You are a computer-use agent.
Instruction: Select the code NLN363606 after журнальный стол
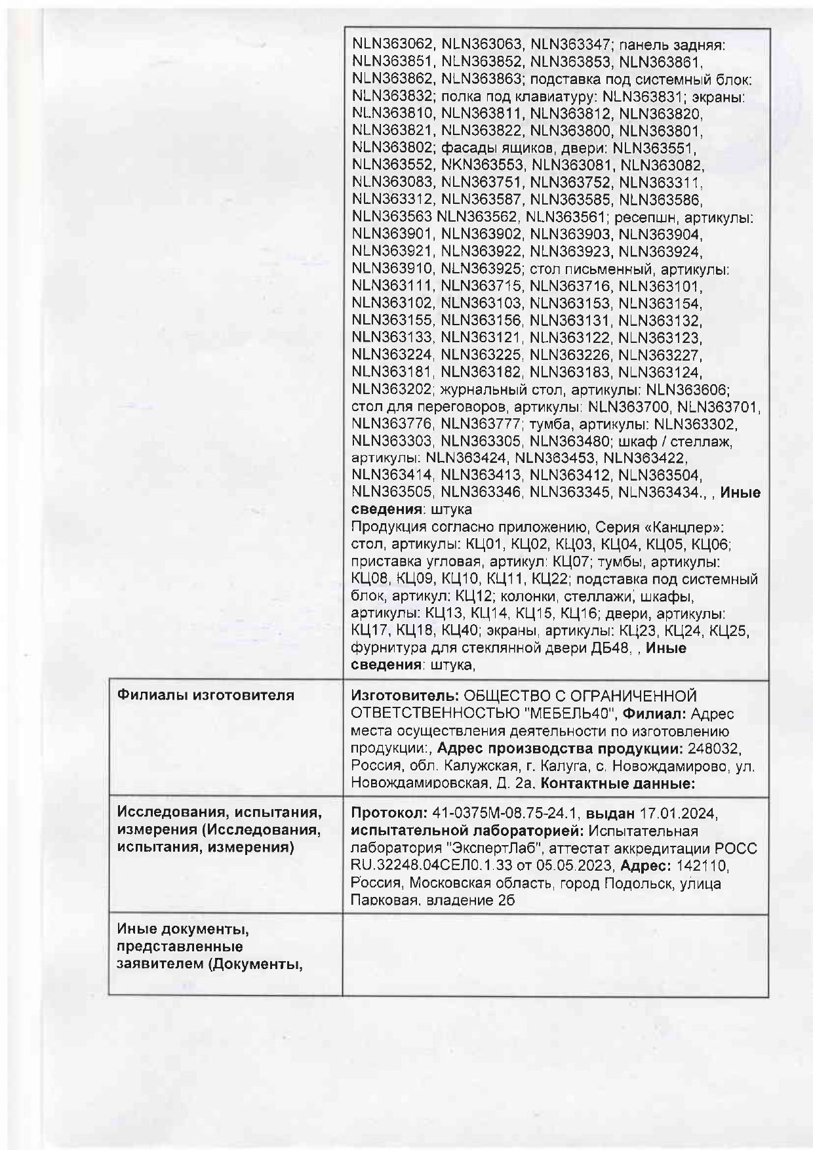pyautogui.click(x=693, y=389)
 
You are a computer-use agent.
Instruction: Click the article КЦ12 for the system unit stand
pyautogui.click(x=471, y=597)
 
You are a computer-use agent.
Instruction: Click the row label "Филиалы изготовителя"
pyautogui.click(x=205, y=695)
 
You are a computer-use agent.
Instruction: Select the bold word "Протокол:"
pyautogui.click(x=389, y=814)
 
